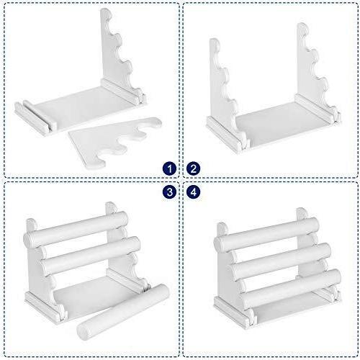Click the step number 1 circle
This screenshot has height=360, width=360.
coord(170,168)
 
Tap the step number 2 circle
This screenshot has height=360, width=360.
coord(193,168)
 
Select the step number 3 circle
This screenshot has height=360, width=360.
coord(170,192)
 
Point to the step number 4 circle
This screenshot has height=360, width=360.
coord(193,192)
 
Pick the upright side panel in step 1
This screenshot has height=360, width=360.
coord(115,55)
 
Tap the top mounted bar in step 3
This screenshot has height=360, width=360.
coord(76,227)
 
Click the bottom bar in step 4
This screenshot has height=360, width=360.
coord(290,288)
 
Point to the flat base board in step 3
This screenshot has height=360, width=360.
coord(96,293)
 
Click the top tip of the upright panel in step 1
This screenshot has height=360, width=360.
coord(105,9)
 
